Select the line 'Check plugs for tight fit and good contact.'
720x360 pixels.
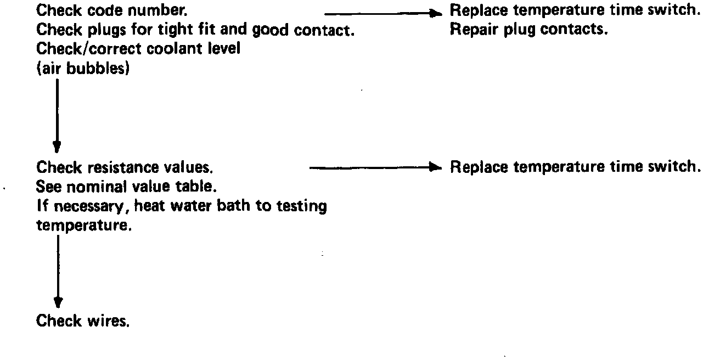click(x=195, y=30)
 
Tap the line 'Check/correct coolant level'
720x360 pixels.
click(x=138, y=48)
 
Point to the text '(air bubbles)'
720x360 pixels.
click(x=83, y=69)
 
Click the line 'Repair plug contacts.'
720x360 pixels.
click(x=528, y=29)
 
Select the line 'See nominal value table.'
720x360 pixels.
click(x=126, y=187)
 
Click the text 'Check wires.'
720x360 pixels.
click(x=83, y=321)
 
